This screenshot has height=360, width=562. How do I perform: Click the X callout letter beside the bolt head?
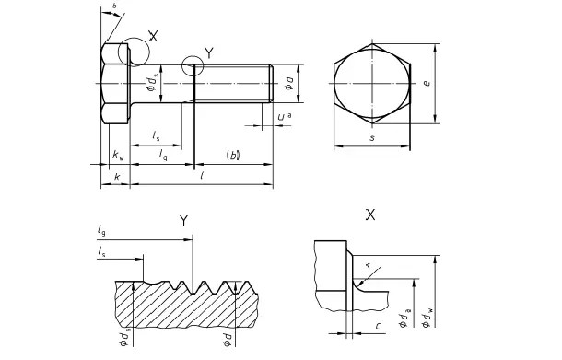coord(153,37)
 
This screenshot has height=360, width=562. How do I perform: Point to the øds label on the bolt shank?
coord(152,85)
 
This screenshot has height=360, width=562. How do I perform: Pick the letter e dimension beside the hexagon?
coord(451,82)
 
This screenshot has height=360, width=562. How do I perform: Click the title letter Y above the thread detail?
coord(184,219)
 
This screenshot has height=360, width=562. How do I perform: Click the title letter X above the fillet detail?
coord(370,215)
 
